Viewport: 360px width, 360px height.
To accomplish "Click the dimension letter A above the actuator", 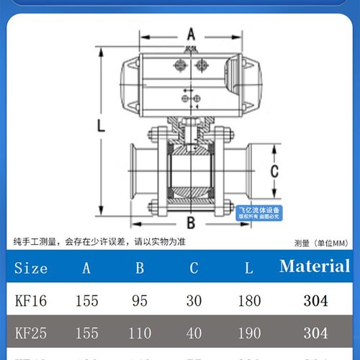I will point(191,34).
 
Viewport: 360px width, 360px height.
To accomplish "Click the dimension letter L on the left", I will point(102,125).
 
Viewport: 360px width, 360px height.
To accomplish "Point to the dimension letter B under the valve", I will point(191,221).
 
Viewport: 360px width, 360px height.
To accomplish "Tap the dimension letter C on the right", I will point(274,171).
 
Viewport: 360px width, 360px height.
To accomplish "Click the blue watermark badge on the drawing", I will point(258,212).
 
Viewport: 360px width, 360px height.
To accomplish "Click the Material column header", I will point(315,266).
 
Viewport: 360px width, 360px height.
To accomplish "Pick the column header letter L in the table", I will point(248,268).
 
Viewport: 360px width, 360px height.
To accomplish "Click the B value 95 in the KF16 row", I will point(140,301).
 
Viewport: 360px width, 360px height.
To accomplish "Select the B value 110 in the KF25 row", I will point(140,333).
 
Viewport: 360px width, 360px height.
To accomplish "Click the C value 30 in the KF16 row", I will point(194,301).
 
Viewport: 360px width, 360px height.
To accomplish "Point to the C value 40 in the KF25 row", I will point(194,333).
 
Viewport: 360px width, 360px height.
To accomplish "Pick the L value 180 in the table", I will point(248,301).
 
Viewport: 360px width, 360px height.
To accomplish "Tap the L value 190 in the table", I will point(248,333).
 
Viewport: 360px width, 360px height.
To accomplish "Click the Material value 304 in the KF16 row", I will point(315,301).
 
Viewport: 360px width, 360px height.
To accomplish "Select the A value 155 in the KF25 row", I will point(87,333).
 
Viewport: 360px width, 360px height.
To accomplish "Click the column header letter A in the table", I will point(87,268).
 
